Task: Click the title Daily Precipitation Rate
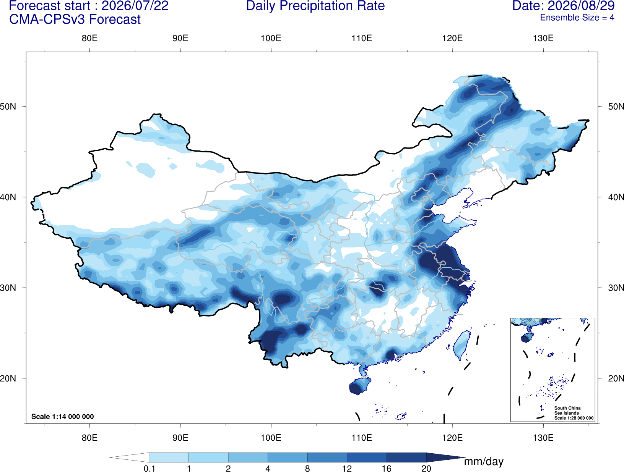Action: pos(315,6)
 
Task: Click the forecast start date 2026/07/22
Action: pos(135,6)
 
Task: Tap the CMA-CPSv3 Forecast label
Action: pos(75,19)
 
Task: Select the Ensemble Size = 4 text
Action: pos(577,18)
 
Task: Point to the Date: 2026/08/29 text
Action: pos(564,6)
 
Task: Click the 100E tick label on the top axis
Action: pos(271,38)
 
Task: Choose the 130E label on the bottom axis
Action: pos(543,438)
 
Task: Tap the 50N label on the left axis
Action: pos(8,107)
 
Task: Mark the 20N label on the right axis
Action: pos(616,378)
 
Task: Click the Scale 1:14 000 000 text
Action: pos(63,416)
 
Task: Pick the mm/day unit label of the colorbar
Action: pos(484,462)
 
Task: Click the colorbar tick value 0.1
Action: pos(149,469)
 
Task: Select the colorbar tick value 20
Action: pos(426,469)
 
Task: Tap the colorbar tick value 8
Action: pos(307,469)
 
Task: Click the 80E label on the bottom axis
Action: pos(89,438)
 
